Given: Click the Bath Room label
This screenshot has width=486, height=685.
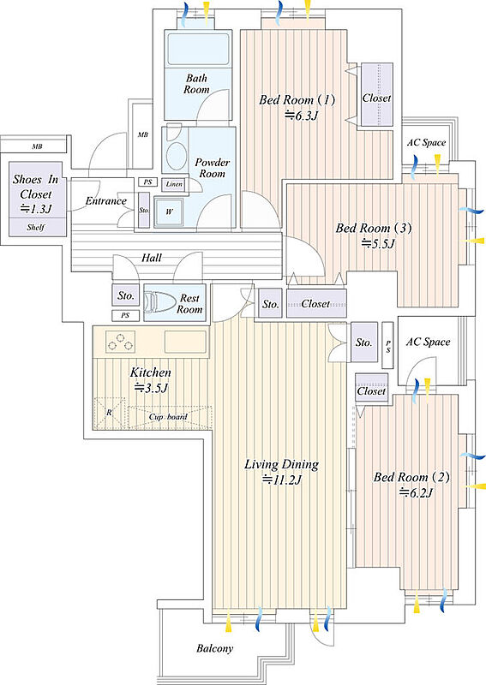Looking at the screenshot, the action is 196,84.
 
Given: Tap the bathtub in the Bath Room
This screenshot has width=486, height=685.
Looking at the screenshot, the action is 199,49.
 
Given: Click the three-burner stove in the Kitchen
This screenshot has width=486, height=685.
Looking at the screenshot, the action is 120,341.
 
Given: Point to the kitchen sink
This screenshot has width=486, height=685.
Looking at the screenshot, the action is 185,341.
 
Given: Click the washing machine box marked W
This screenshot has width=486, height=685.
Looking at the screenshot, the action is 169,211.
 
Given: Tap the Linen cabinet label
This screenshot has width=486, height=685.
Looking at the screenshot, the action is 174,184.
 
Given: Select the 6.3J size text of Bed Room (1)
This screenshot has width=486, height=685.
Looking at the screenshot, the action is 301,116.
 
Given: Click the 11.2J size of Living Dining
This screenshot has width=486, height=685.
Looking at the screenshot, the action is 282,480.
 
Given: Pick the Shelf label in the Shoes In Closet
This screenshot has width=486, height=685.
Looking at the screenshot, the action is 35,227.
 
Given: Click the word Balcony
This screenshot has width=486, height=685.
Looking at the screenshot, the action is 214,648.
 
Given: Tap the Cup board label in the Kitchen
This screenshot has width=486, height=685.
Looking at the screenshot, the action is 168,417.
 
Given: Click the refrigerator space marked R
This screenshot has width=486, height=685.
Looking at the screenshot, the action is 110,413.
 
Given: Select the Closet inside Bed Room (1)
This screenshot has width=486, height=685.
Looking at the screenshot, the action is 376,95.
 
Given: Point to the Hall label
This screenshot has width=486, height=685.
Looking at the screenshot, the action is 152,258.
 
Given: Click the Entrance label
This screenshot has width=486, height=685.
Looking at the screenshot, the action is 106,201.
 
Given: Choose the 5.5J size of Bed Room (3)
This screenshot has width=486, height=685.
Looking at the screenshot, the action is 378,243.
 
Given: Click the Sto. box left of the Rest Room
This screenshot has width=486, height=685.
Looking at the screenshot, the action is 125,295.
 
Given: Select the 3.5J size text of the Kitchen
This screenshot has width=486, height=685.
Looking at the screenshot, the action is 152,388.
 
